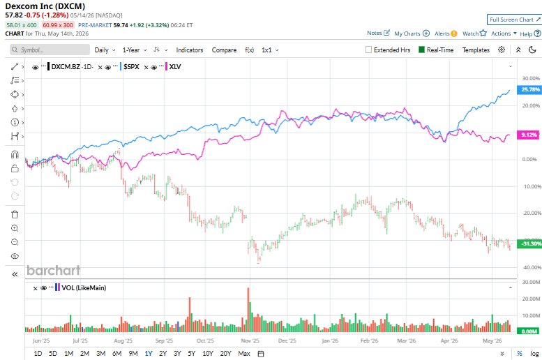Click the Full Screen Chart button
pyautogui.click(x=514, y=20)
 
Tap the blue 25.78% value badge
pyautogui.click(x=529, y=89)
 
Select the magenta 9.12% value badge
pyautogui.click(x=528, y=135)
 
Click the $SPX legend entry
pyautogui.click(x=131, y=67)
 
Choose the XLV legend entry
pyautogui.click(x=175, y=67)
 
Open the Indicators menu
pyautogui.click(x=190, y=50)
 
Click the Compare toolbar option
pyautogui.click(x=224, y=50)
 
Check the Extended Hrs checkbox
pyautogui.click(x=368, y=50)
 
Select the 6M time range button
pyautogui.click(x=116, y=354)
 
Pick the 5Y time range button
pyautogui.click(x=192, y=354)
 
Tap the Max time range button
pyautogui.click(x=244, y=354)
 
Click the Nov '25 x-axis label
pyautogui.click(x=250, y=340)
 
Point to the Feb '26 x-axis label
pyautogui.click(x=369, y=340)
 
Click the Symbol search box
pyautogui.click(x=50, y=50)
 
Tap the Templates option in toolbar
pyautogui.click(x=476, y=50)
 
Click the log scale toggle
pyautogui.click(x=534, y=354)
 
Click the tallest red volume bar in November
pyautogui.click(x=248, y=310)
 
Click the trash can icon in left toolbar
pyautogui.click(x=15, y=214)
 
